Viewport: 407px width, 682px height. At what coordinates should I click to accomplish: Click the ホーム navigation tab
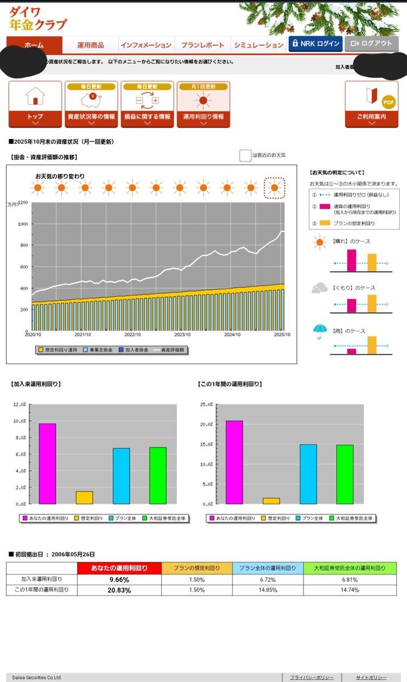(x=34, y=45)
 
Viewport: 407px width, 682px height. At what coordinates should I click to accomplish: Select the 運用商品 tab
(x=90, y=45)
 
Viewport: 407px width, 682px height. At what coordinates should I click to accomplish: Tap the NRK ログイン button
(x=315, y=44)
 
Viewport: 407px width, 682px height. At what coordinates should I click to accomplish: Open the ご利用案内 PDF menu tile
(x=371, y=104)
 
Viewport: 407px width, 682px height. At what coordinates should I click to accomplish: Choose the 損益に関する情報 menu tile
(x=147, y=104)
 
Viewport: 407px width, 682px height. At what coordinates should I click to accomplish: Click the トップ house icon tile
(x=35, y=104)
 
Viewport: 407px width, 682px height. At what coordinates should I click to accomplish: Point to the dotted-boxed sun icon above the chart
(x=275, y=188)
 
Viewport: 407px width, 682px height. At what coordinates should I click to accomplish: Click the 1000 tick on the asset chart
(x=23, y=224)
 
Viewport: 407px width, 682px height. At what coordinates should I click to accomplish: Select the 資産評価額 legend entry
(x=169, y=350)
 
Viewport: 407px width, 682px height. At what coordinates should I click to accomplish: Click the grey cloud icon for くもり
(x=319, y=288)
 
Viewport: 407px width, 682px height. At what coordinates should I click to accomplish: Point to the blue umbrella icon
(x=319, y=331)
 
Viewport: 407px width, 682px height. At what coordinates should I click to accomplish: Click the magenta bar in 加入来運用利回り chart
(x=47, y=463)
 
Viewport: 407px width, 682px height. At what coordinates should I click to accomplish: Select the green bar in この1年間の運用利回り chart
(x=344, y=474)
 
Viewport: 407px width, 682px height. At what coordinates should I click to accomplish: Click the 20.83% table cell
(x=119, y=590)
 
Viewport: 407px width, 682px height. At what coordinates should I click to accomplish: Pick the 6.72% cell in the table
(x=267, y=579)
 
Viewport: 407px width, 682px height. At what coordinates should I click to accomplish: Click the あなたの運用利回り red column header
(x=119, y=568)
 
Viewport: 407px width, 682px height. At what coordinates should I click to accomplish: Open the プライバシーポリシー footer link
(x=312, y=677)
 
